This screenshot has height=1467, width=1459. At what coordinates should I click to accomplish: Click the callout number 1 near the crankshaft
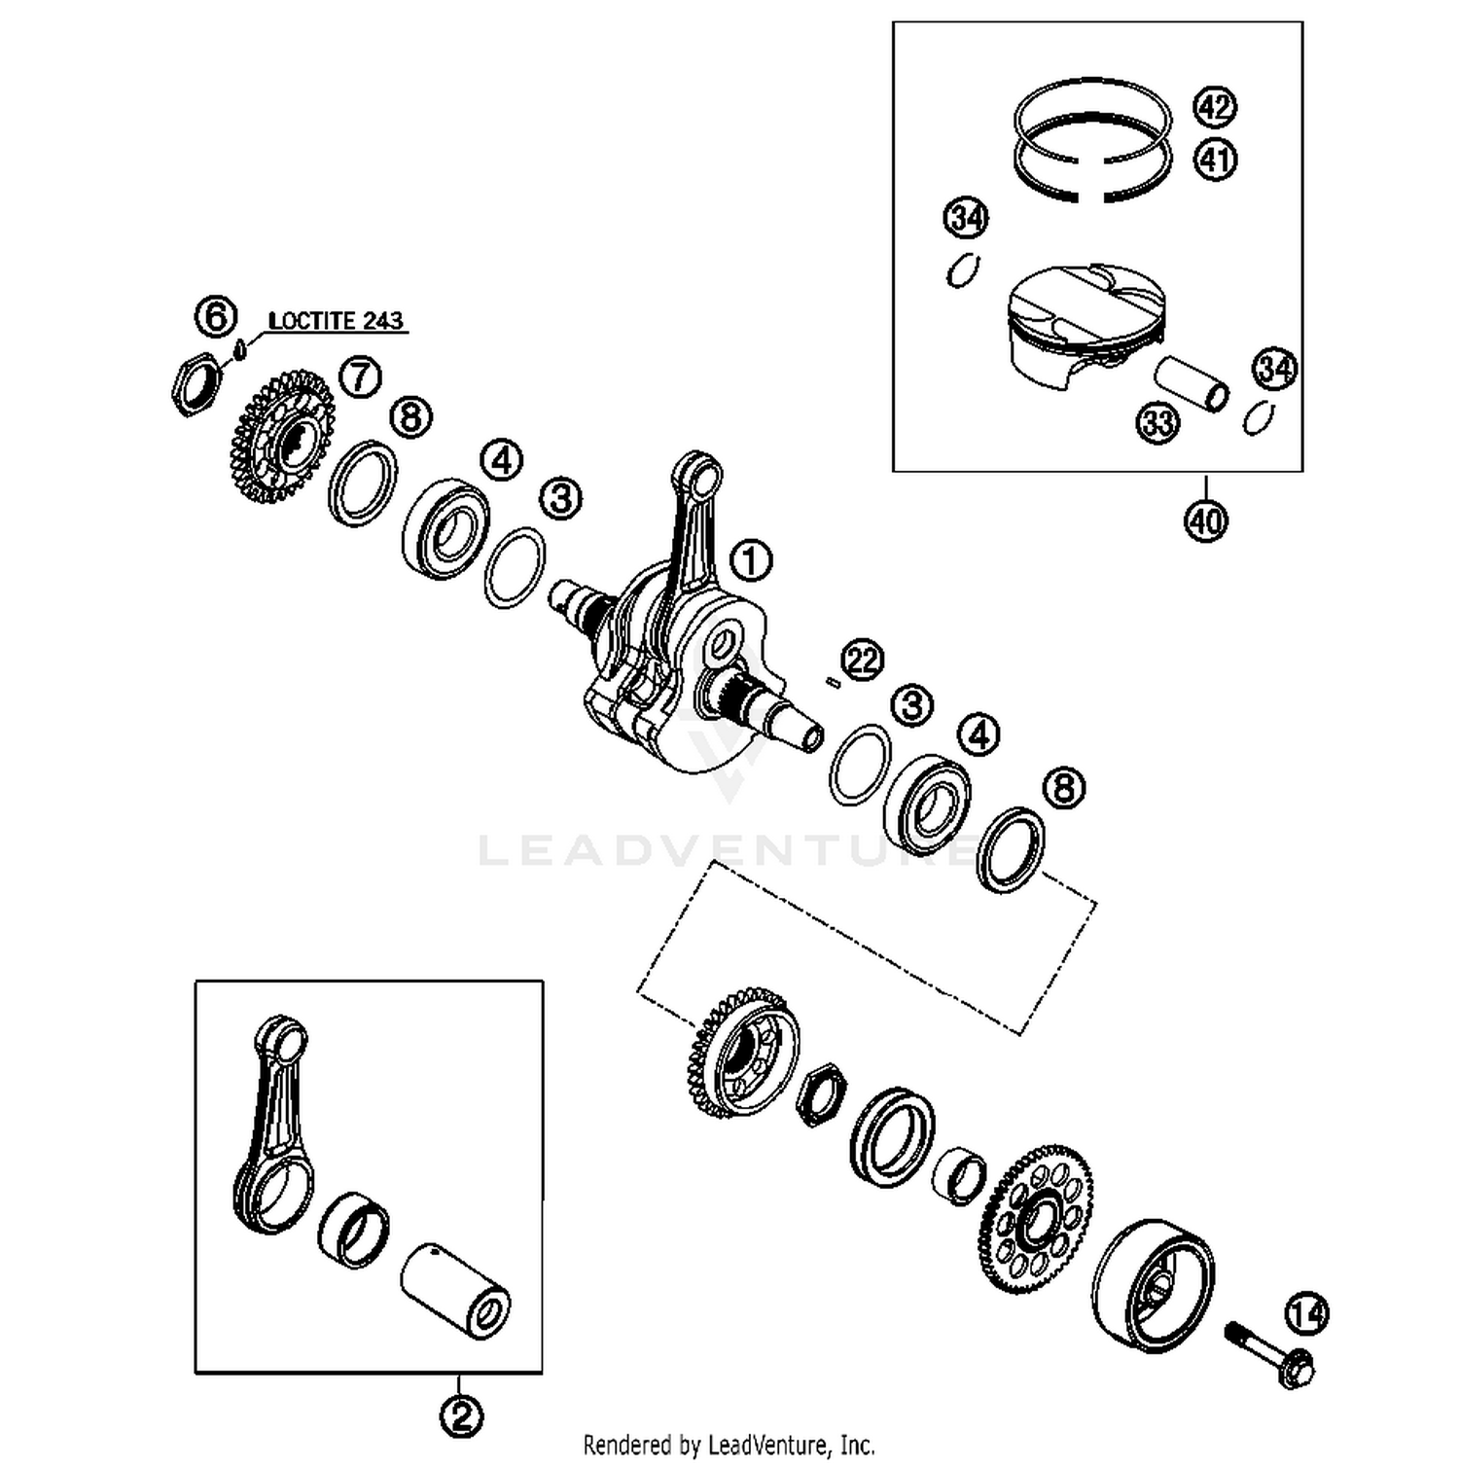point(750,561)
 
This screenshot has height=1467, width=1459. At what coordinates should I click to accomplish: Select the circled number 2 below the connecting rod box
point(461,1415)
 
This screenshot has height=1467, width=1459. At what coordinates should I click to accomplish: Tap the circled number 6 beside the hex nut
point(216,317)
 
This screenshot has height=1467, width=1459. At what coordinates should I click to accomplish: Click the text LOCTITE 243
point(336,321)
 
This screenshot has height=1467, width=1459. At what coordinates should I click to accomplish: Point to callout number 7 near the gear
point(360,376)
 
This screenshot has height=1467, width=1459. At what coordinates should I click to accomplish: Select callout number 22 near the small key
point(862,661)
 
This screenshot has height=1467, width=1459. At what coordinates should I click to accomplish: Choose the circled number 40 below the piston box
point(1205,520)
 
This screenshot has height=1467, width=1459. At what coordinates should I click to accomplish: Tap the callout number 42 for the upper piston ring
point(1214,107)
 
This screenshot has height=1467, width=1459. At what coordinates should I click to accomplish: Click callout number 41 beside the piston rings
point(1214,159)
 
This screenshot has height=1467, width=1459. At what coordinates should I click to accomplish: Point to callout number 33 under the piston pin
point(1157,423)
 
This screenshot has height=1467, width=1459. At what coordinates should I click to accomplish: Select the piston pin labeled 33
point(1191,385)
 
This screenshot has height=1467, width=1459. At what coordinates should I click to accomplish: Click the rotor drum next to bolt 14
point(1153,1286)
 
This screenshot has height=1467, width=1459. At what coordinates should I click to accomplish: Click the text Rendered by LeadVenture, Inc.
point(729,1445)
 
